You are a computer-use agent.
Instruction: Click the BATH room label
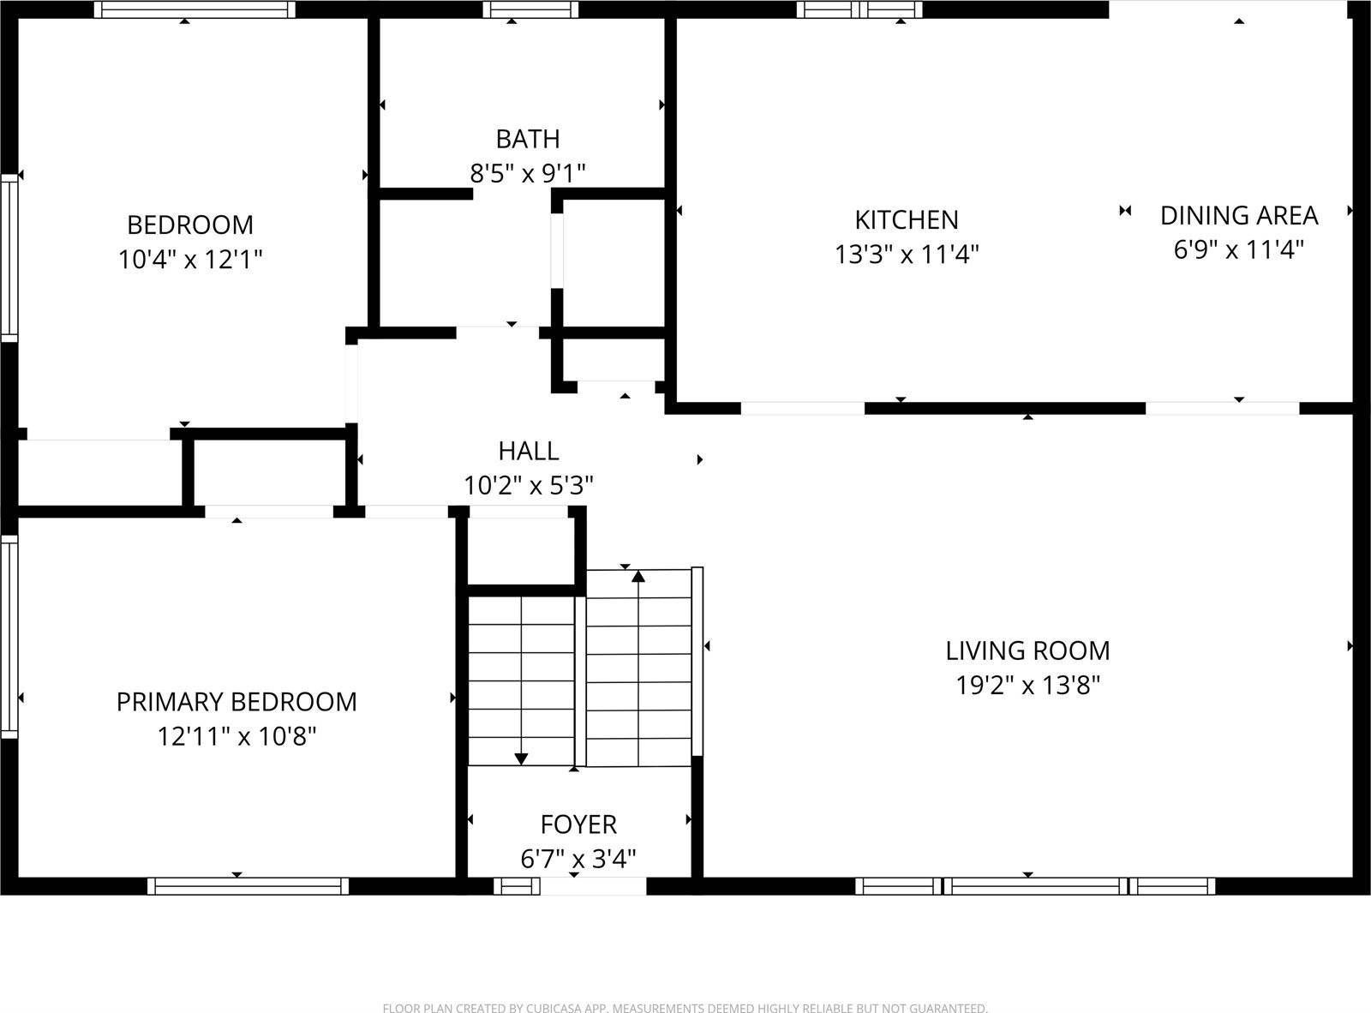(x=528, y=139)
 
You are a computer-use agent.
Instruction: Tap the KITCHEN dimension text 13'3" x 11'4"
(x=907, y=255)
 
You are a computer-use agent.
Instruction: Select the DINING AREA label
(x=1238, y=215)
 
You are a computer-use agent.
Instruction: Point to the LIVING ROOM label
(x=1027, y=650)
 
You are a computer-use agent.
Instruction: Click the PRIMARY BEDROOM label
(x=236, y=702)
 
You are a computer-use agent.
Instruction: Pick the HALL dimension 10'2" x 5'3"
(x=529, y=486)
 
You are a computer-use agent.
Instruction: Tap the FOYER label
(x=578, y=824)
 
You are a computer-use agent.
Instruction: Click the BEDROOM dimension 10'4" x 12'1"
(x=189, y=259)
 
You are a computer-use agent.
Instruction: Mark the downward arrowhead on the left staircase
(x=521, y=758)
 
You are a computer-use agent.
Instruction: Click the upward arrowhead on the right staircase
(x=638, y=577)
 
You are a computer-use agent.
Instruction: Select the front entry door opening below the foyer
(x=593, y=886)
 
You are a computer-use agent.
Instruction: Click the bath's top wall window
(x=530, y=9)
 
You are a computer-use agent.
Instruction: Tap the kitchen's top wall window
(x=859, y=9)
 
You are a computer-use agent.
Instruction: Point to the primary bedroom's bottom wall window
(x=248, y=886)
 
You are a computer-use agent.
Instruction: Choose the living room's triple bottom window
(x=1034, y=886)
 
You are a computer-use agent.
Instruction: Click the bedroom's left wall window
(x=9, y=257)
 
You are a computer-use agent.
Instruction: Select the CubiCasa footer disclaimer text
(x=685, y=1008)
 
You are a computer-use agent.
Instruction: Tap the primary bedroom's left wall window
(x=9, y=635)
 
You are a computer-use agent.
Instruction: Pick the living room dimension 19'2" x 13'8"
(x=1027, y=686)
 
